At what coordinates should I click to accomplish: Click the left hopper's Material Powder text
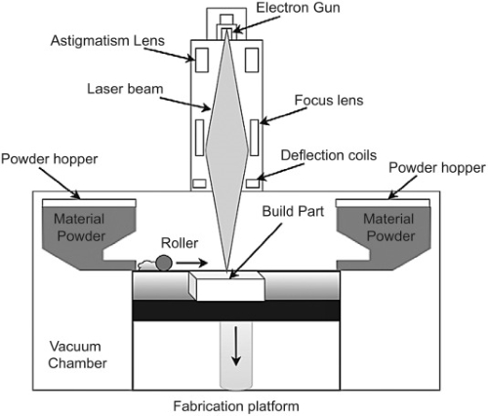tap(82, 227)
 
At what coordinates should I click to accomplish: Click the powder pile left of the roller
tap(142, 265)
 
